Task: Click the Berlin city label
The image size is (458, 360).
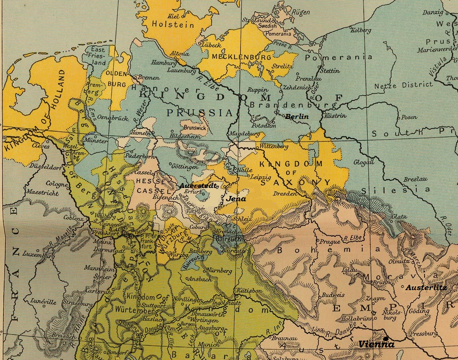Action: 297,117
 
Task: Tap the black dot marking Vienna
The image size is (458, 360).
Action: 386,338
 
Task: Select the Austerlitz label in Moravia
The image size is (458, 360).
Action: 426,288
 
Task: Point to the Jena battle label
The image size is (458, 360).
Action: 236,199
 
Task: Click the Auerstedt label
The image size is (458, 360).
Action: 198,186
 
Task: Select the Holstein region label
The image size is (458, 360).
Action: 173,25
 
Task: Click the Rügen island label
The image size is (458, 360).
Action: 301,13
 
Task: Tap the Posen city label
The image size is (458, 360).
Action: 409,117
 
